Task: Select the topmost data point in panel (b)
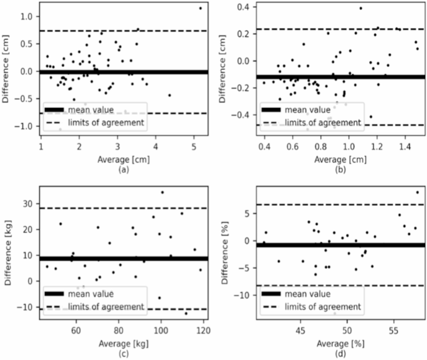pos(360,8)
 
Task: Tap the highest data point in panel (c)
pos(162,192)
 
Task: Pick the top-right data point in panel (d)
pos(417,192)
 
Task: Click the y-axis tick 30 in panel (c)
pos(27,205)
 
